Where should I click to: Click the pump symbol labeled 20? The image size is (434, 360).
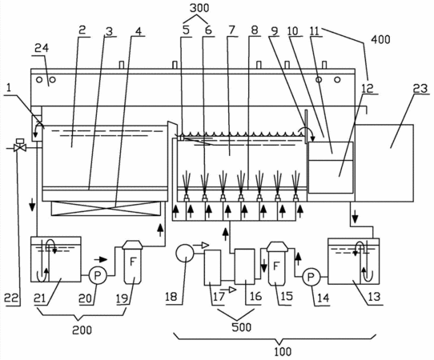click(x=97, y=275)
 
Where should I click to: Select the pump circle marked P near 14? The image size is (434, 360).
click(x=311, y=277)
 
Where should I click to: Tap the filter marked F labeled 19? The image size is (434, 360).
click(x=133, y=262)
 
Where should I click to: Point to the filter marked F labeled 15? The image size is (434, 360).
click(x=276, y=263)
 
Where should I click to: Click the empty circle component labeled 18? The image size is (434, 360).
click(x=185, y=253)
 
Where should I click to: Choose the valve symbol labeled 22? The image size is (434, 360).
click(x=20, y=146)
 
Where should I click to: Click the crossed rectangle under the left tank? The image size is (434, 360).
click(x=106, y=208)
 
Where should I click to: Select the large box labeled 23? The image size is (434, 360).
click(x=384, y=163)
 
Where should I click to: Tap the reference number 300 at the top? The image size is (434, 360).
click(x=199, y=8)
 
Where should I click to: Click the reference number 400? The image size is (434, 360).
click(x=380, y=39)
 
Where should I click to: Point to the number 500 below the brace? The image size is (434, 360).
click(x=241, y=327)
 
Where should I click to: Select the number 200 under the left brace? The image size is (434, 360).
click(x=82, y=330)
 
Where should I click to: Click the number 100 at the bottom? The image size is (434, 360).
click(x=283, y=352)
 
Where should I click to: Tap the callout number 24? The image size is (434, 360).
click(x=42, y=48)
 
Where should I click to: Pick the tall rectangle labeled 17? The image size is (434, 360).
click(x=212, y=267)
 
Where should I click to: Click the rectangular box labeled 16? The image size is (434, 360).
click(x=245, y=266)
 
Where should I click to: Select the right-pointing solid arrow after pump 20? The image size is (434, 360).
click(x=100, y=259)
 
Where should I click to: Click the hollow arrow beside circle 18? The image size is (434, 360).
click(x=201, y=245)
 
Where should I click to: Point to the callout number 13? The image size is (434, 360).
click(x=374, y=297)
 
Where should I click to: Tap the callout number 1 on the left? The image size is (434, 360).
click(x=9, y=88)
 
